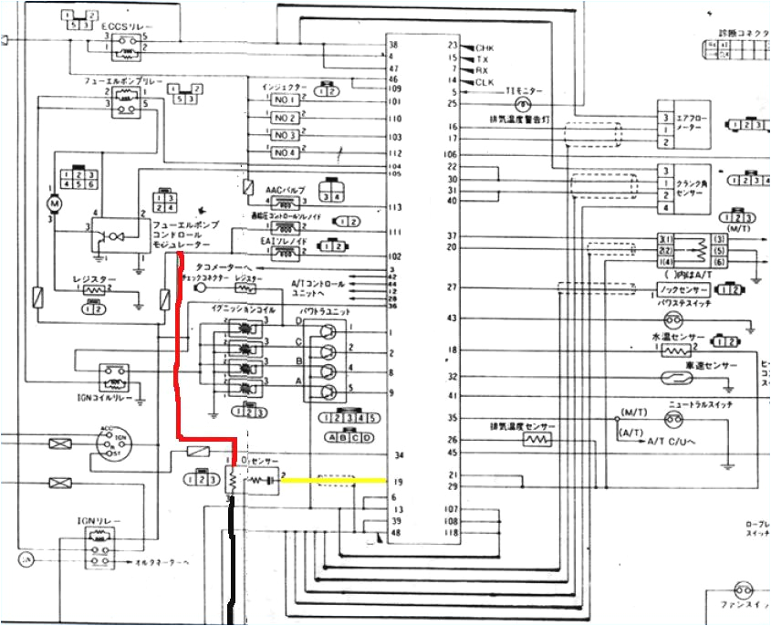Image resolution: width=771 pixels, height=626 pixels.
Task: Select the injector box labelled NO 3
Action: (285, 135)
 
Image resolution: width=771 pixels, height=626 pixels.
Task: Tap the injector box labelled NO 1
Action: (285, 101)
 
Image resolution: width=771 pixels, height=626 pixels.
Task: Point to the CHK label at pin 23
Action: (484, 46)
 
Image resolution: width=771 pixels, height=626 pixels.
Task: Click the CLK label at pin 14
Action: (484, 82)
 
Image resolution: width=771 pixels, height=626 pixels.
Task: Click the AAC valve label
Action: (281, 189)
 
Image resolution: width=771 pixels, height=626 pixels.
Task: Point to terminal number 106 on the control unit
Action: (451, 155)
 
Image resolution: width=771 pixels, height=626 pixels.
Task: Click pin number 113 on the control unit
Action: (394, 208)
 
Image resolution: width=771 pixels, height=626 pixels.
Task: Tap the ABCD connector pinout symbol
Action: (349, 437)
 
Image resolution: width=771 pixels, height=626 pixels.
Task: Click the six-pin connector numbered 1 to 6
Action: (77, 178)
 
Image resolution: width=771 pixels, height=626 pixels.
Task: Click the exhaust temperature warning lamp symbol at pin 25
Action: (512, 105)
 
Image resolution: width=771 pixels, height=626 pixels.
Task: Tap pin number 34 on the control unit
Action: (398, 454)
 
